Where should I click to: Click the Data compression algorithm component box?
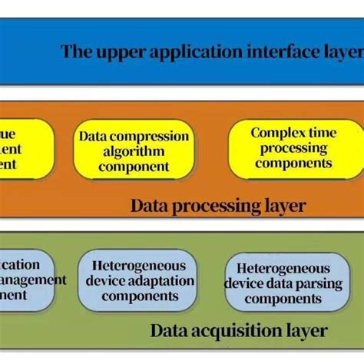coord(134,151)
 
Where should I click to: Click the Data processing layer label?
coord(218,206)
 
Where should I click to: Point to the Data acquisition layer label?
coord(238,331)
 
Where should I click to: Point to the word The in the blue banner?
coord(76,52)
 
